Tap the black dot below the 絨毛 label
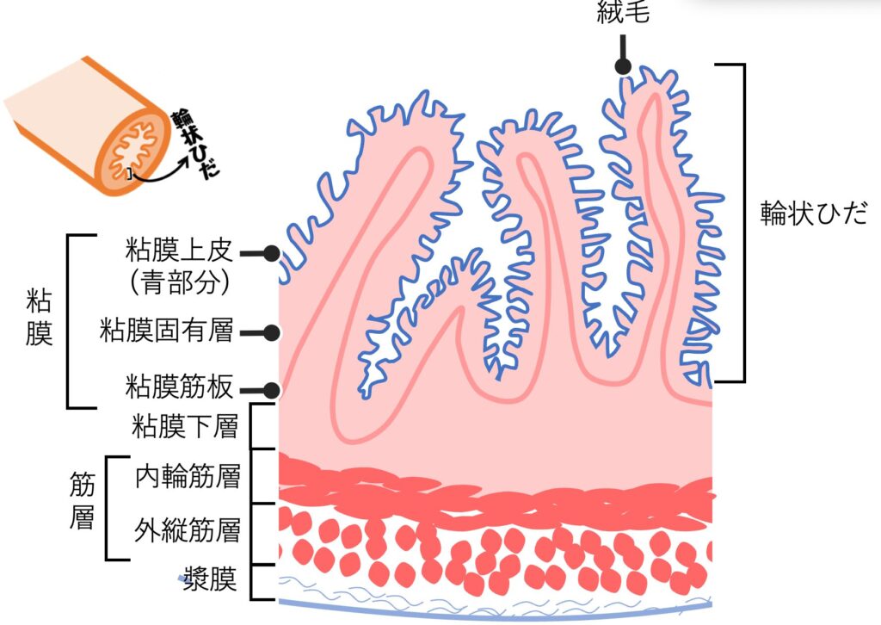tap(624, 67)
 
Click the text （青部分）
tap(178, 283)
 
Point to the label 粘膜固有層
tap(167, 331)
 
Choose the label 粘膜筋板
tap(178, 388)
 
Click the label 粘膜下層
tap(185, 426)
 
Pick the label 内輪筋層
tap(188, 476)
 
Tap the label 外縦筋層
tap(187, 529)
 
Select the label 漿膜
tap(210, 579)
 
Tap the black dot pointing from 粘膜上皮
tap(272, 253)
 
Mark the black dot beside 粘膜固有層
tap(272, 332)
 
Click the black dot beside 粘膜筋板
tap(272, 390)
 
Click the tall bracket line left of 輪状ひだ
tap(742, 222)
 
